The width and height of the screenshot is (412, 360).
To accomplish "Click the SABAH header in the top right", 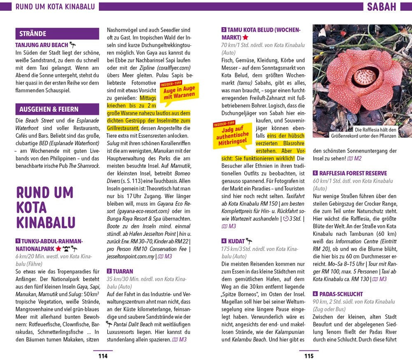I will (381, 7).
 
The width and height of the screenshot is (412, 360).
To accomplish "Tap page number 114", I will (103, 356).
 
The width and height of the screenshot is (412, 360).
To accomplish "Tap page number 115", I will (309, 356).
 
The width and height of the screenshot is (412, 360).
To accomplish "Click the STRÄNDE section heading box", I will (57, 34).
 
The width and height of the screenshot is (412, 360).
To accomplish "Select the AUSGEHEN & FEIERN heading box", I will (57, 109).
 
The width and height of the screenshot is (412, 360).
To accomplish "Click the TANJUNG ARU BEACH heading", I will (42, 45).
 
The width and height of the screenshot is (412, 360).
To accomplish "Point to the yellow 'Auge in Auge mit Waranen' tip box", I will (179, 92).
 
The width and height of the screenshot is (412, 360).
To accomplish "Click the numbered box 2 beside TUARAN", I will (109, 271).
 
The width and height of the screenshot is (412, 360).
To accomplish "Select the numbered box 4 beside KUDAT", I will (224, 241).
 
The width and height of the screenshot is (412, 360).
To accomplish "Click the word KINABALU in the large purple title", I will (45, 222).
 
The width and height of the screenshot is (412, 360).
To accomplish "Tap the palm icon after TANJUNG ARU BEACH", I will (73, 45).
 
